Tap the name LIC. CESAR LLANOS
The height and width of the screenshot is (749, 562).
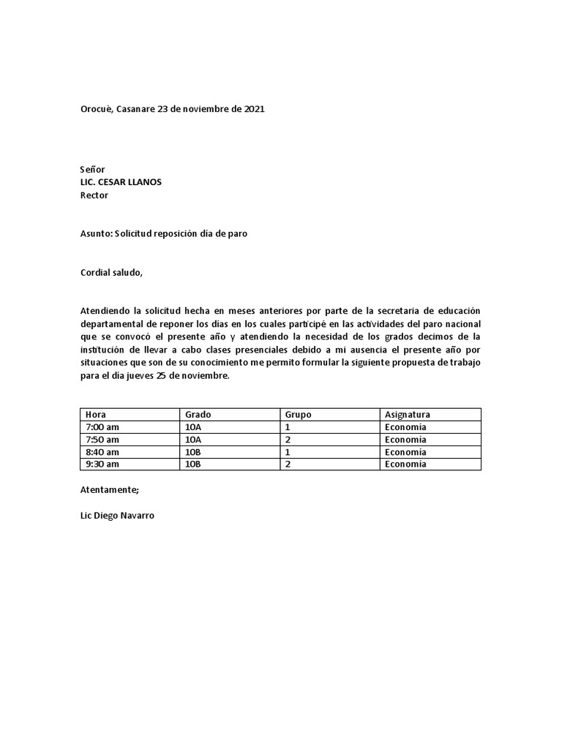[121, 182]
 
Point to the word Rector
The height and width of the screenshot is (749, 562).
[94, 195]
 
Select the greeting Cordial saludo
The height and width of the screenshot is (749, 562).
[111, 273]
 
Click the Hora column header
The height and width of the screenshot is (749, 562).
[96, 415]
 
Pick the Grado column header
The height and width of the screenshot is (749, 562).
[198, 415]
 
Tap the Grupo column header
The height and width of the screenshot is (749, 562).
[298, 415]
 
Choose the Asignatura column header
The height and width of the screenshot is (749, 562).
[408, 415]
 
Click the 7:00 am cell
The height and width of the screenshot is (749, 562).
[102, 427]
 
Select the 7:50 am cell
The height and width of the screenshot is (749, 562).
[102, 440]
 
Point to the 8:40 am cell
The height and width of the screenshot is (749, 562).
[102, 452]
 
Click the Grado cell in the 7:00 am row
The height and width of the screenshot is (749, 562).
[193, 427]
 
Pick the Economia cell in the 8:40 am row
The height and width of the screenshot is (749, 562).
[405, 452]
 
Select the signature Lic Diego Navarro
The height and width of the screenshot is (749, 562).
[117, 516]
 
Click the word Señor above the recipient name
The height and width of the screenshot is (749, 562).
[92, 169]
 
